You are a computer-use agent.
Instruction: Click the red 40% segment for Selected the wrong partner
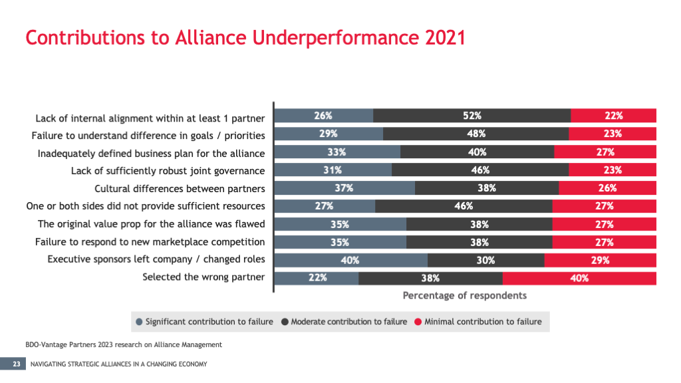point(579,278)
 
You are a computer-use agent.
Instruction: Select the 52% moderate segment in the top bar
point(472,115)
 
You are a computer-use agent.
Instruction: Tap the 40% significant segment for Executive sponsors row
point(351,260)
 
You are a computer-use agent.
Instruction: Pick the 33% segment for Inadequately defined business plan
point(337,152)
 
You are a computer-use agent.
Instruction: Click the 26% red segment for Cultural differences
point(607,188)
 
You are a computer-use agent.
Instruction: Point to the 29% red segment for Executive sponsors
point(600,260)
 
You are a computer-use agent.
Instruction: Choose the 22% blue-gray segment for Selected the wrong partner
point(317,278)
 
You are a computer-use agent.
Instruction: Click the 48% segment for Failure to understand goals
point(476,134)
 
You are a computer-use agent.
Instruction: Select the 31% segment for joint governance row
point(333,170)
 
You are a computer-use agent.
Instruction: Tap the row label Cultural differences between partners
point(180,189)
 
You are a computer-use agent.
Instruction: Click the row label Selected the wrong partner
point(204,277)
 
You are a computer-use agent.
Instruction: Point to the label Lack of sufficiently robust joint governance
point(168,171)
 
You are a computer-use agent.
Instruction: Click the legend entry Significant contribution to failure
point(209,322)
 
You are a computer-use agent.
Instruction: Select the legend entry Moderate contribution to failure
point(348,322)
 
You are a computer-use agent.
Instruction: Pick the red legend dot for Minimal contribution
point(418,322)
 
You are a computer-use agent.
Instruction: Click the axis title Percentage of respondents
point(464,295)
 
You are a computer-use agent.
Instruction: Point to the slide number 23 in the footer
point(15,364)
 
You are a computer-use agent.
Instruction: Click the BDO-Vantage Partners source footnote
point(120,344)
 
